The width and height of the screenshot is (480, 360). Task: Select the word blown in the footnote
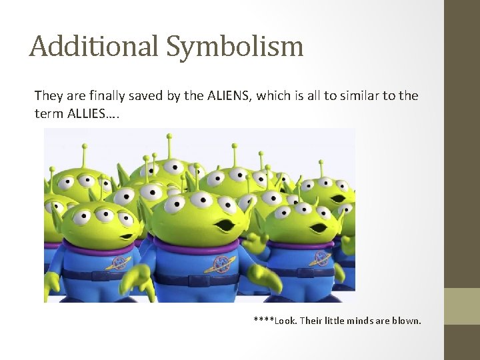pyautogui.click(x=406, y=321)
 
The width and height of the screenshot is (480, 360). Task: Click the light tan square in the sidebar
pyautogui.click(x=461, y=306)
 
